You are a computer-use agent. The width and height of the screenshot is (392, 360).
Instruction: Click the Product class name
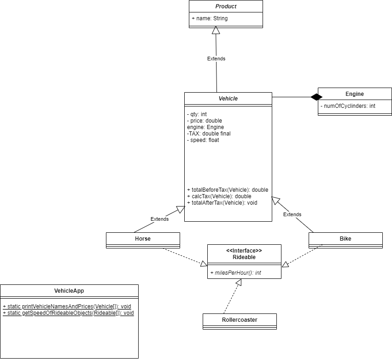(x=226, y=6)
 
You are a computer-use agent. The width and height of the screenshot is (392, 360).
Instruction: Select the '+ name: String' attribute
(x=210, y=18)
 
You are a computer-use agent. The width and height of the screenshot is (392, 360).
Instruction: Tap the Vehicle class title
(x=228, y=98)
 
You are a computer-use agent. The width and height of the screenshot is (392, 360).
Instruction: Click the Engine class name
(x=355, y=94)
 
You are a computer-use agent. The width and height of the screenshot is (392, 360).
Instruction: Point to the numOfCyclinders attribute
(x=348, y=106)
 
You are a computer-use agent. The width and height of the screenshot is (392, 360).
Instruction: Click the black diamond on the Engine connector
(x=316, y=97)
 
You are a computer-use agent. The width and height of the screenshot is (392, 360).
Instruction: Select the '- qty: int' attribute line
(x=197, y=114)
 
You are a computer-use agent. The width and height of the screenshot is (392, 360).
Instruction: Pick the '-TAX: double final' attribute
(x=209, y=134)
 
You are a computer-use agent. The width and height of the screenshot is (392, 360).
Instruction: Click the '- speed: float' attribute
(x=203, y=140)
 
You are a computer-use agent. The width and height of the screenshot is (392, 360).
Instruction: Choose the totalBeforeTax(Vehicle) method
(x=228, y=189)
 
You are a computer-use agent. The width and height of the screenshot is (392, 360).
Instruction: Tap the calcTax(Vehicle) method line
(x=219, y=196)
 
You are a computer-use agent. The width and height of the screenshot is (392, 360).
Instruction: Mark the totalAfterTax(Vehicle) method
(x=222, y=202)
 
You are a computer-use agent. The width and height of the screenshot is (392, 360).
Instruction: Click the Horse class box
(x=143, y=239)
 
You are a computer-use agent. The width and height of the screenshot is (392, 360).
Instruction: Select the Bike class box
(x=345, y=239)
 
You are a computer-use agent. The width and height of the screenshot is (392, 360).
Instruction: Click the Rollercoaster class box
(x=240, y=320)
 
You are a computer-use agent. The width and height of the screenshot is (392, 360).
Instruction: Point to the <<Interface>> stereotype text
(x=244, y=250)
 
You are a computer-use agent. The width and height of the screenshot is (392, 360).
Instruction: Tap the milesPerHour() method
(x=236, y=273)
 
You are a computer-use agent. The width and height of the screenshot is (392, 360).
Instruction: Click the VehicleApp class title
(x=69, y=291)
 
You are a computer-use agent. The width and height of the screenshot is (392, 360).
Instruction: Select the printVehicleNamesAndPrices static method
(x=67, y=306)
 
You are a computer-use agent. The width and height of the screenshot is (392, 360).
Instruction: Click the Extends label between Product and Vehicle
(x=216, y=59)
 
